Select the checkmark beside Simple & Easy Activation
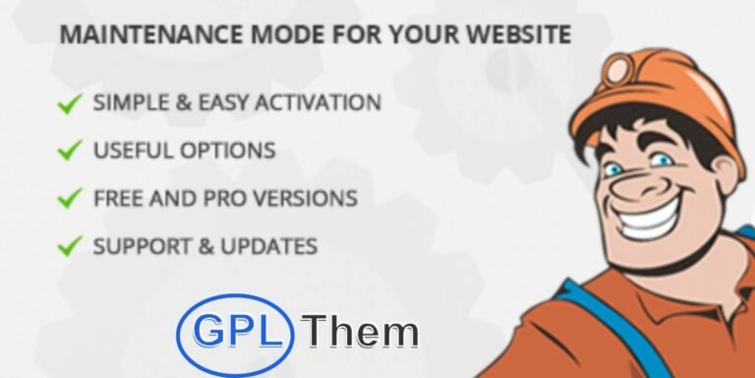(x=69, y=103)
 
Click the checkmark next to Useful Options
(x=69, y=151)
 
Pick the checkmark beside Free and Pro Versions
(x=69, y=198)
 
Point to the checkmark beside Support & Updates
(x=69, y=245)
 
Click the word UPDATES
(x=270, y=245)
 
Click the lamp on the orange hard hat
(x=616, y=69)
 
